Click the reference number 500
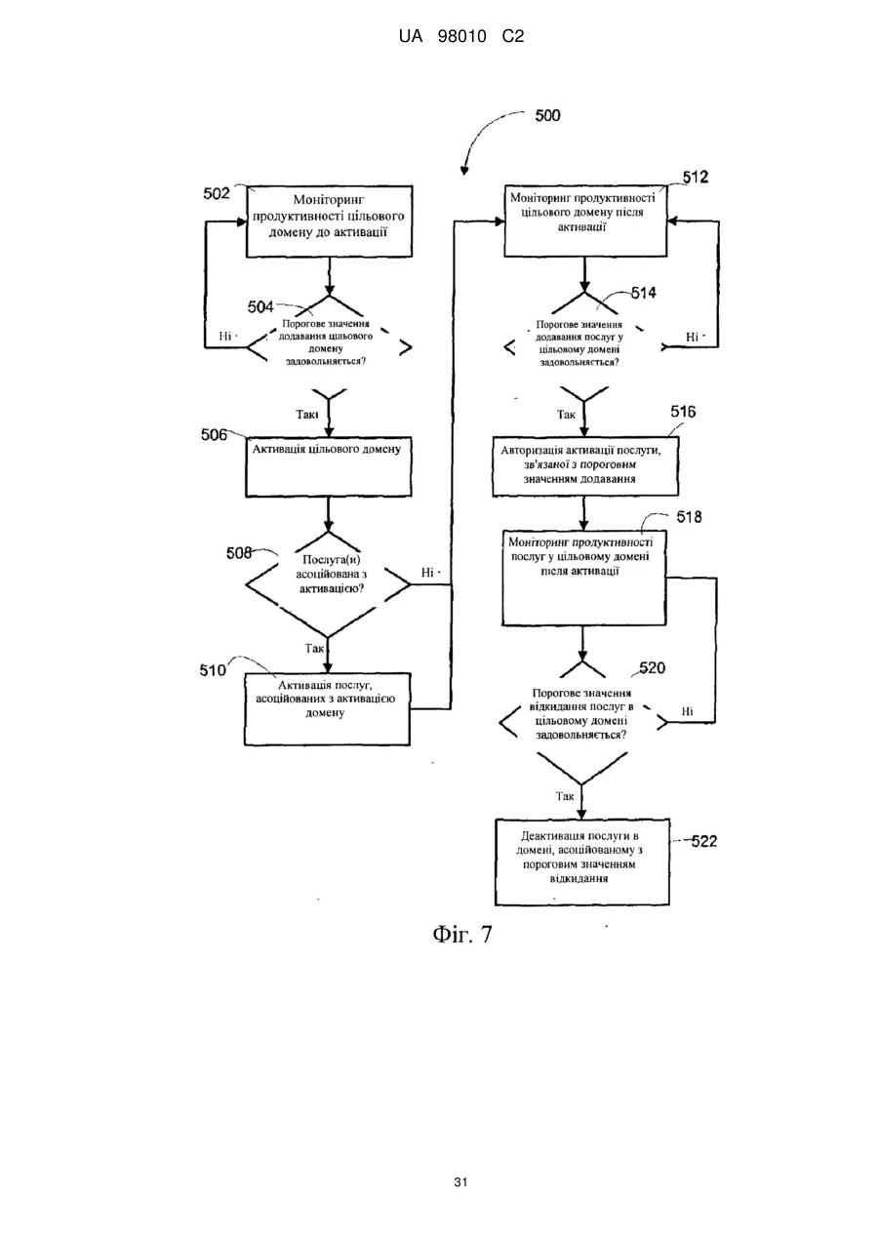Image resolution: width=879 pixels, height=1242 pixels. point(547,115)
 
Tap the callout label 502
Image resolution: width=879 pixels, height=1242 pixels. point(217,193)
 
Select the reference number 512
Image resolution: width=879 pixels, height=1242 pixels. point(696,177)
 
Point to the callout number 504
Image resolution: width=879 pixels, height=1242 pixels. point(260,306)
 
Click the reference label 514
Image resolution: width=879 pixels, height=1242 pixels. point(643,293)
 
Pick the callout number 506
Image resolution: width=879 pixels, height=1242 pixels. point(214,435)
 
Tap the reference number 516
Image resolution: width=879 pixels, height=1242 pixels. point(683,412)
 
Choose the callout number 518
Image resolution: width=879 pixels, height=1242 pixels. point(689,517)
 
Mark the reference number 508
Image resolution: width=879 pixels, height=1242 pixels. point(240,553)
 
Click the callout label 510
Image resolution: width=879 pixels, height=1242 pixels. point(213,670)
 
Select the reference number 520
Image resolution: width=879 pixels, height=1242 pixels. point(653,667)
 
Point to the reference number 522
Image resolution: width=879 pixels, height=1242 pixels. point(704,841)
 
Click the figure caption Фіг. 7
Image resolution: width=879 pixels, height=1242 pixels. point(462,935)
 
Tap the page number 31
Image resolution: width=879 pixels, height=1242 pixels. point(460,1182)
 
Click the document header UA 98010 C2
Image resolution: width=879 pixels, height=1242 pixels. point(461,37)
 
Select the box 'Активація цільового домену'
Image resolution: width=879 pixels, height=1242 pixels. point(329,466)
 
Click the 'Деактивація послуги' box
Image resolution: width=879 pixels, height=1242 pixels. point(582,862)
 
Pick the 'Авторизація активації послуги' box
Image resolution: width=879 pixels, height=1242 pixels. point(585,466)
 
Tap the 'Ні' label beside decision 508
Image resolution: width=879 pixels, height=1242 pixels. point(427,572)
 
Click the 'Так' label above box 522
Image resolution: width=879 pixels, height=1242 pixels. point(565,796)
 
